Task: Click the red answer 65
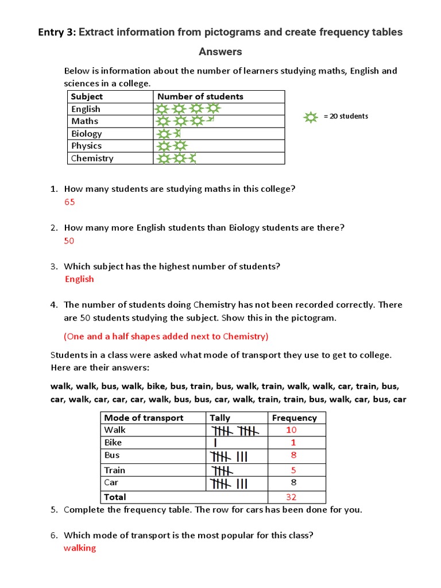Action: pos(69,202)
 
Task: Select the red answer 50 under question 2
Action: pos(69,241)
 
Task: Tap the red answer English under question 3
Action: pos(79,279)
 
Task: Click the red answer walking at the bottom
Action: pos(80,548)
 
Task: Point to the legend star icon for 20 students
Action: pos(311,117)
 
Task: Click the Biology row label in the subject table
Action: pos(87,134)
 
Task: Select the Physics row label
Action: pos(86,146)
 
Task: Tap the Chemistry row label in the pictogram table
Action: pos(92,158)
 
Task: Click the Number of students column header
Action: pos(200,96)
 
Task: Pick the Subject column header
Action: pos(87,96)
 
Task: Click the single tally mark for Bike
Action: pos(215,443)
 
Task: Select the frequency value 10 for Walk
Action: pos(291,430)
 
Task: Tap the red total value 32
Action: pos(291,497)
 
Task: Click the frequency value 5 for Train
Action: pos(293,470)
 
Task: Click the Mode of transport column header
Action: pos(144,418)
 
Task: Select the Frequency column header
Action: pos(294,418)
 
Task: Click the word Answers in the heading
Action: pos(220,52)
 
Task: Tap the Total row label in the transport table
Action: pos(115,497)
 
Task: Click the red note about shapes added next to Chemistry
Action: pos(165,336)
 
